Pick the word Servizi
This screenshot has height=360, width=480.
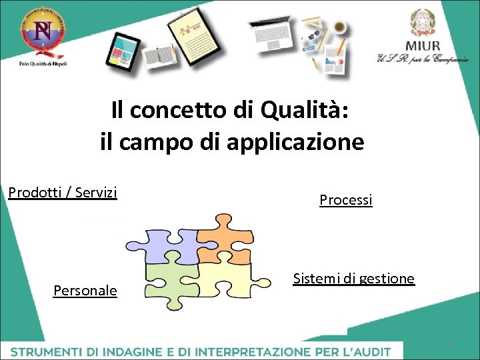(96, 193)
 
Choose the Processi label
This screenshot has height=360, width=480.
(346, 199)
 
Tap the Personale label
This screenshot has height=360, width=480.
(85, 291)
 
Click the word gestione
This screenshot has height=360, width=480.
(387, 279)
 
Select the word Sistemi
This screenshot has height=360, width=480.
(316, 279)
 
